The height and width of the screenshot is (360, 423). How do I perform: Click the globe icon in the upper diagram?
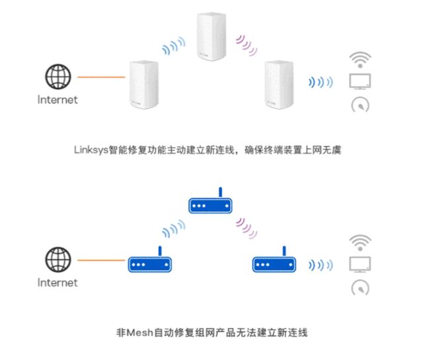pos(58,77)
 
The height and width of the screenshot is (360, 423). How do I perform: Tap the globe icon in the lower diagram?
pos(58,260)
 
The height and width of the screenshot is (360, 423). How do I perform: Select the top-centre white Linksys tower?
pos(211,36)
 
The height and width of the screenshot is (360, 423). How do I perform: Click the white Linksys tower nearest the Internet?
pos(144,85)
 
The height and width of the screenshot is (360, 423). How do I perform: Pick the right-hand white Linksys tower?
pos(279,85)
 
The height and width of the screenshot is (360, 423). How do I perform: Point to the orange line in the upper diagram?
pos(101,77)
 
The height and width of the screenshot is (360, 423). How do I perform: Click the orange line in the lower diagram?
pos(101,260)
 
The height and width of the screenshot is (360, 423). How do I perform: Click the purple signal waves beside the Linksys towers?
pos(246,46)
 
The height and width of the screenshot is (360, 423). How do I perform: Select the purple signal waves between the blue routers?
pos(246,229)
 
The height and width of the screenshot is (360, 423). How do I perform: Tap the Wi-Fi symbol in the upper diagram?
pos(360,60)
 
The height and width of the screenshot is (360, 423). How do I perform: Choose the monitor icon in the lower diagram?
pos(360,264)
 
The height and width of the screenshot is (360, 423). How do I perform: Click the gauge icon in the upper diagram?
pos(360,105)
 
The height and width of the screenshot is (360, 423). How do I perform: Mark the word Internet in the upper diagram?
pos(58,100)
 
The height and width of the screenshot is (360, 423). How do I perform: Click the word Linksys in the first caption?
pos(91,150)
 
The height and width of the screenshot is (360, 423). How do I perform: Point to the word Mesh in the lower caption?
pos(139,332)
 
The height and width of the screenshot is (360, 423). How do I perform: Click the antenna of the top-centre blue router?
pos(220,192)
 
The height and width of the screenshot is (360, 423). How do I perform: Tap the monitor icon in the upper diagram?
pos(360,81)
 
